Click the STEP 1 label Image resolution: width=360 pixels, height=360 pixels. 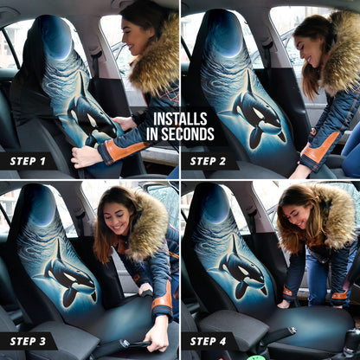(x=28, y=161)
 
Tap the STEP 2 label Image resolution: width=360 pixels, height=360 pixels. (x=208, y=161)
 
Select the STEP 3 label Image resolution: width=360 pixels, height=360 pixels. (x=28, y=340)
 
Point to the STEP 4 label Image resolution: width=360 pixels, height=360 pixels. (x=208, y=340)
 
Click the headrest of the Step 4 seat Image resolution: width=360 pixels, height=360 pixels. (x=212, y=204)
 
